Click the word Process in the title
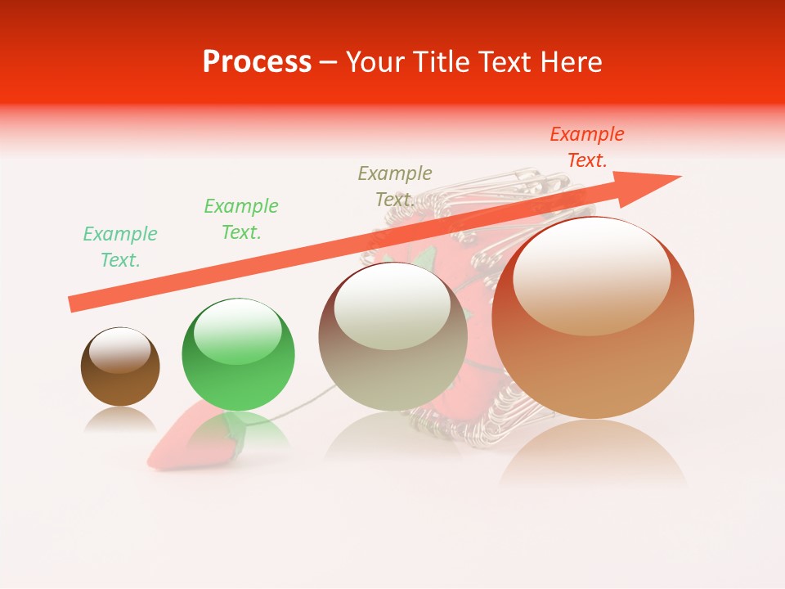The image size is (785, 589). [257, 62]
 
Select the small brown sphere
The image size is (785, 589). [120, 367]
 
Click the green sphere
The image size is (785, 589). [238, 355]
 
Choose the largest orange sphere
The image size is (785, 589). [592, 319]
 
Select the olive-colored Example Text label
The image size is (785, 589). [395, 186]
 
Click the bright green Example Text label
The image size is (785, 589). [241, 218]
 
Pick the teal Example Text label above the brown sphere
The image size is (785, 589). [120, 247]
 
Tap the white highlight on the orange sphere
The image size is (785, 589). [591, 274]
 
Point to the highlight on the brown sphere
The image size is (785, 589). [119, 350]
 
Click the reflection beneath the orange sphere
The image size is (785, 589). [593, 455]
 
